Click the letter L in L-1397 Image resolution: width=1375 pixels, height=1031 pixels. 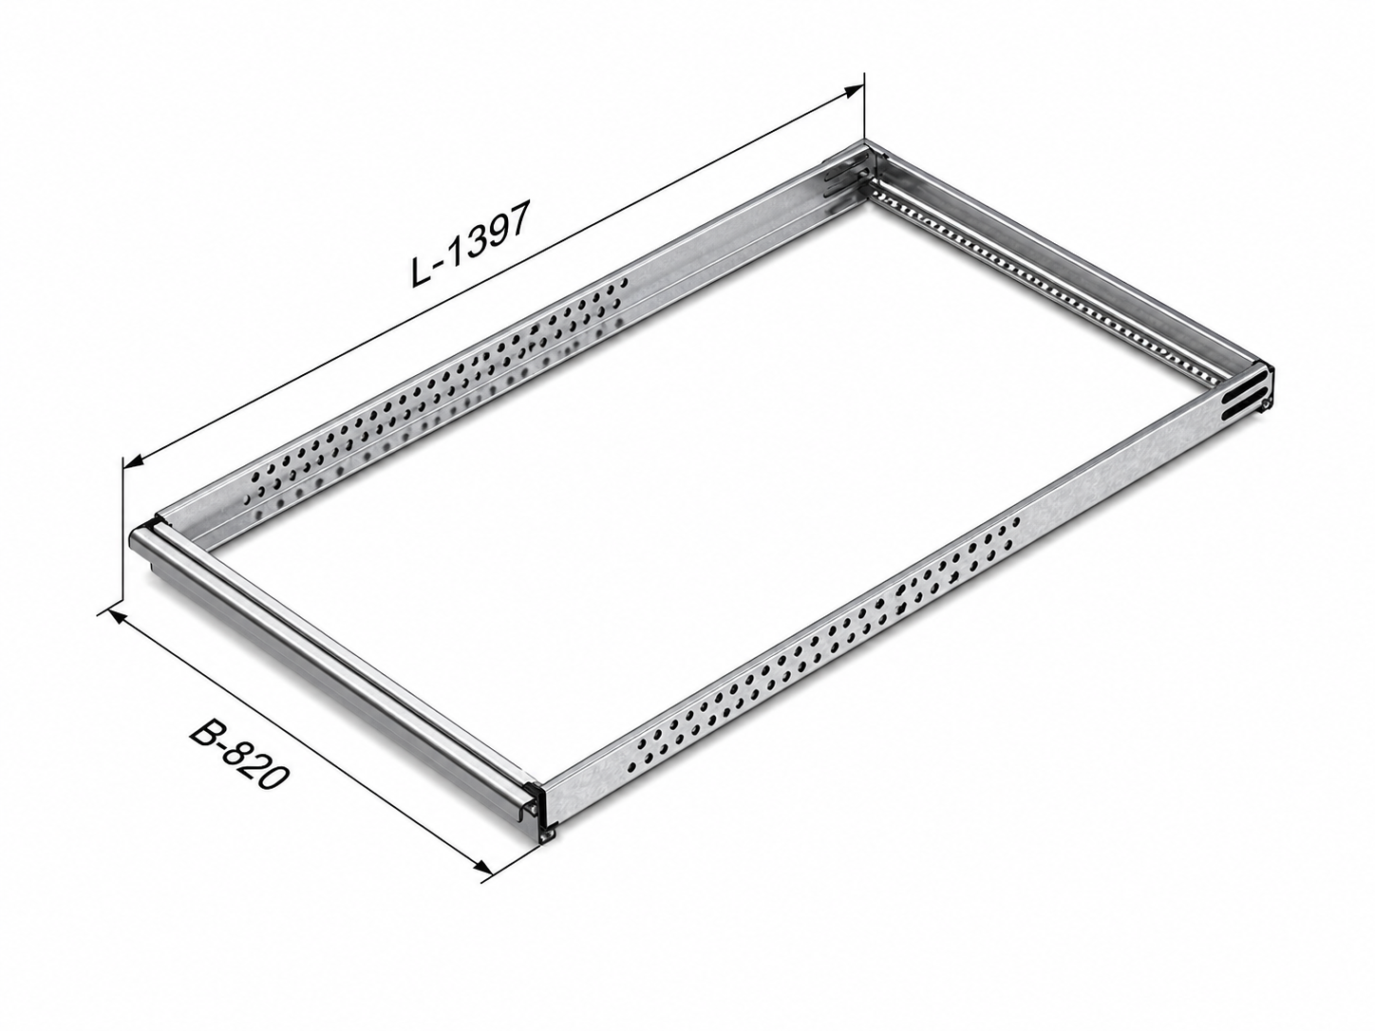(421, 272)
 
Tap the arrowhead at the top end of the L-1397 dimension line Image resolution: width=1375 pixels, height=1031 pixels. (852, 91)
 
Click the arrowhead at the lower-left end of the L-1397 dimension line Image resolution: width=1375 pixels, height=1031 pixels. (134, 462)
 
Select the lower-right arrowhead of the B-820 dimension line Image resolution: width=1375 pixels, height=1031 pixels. (483, 867)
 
